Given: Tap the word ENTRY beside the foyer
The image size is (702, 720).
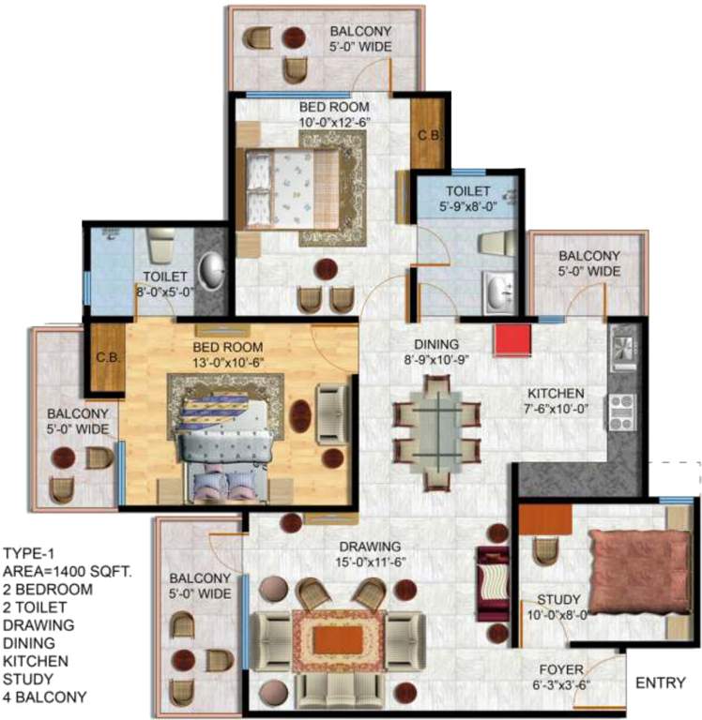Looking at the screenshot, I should (x=660, y=682).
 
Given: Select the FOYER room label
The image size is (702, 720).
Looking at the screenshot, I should (x=562, y=669).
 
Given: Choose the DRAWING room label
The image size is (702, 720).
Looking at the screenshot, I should (x=372, y=547).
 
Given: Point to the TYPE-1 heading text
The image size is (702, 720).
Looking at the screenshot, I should (x=29, y=552).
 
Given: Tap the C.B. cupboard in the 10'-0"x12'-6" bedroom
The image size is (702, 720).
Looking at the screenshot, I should (x=428, y=133).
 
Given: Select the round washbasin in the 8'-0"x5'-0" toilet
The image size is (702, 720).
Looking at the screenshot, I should (x=215, y=269).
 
